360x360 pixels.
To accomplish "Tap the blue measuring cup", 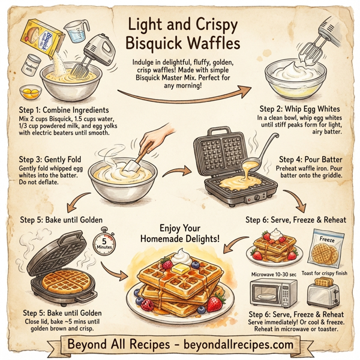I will click(73, 30).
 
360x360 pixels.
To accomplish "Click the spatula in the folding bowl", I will click(133, 157).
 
